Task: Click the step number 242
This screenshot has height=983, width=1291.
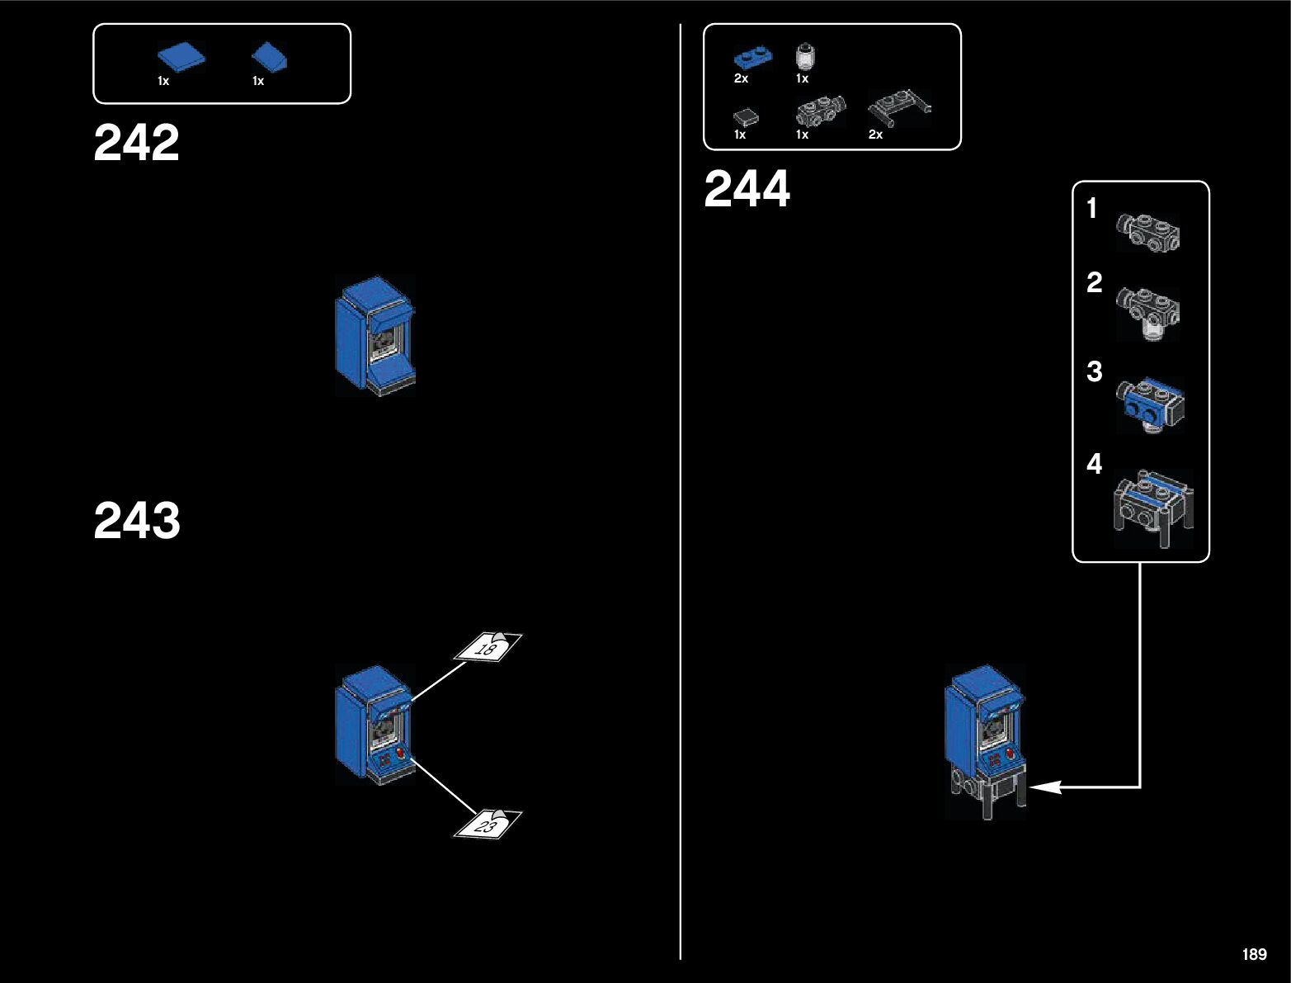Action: point(136,143)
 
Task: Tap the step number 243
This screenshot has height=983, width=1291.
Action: point(137,521)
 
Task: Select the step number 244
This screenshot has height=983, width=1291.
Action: point(747,189)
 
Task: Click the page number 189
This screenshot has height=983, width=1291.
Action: point(1254,954)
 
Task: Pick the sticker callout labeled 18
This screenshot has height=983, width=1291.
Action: point(488,647)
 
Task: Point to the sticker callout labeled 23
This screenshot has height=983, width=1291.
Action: point(488,824)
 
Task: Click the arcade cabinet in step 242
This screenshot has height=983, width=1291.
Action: point(375,336)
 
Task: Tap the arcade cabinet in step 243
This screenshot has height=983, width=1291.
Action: point(374,725)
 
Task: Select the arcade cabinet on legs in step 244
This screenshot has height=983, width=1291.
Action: point(986,739)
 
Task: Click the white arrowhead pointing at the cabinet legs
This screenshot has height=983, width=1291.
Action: point(1044,787)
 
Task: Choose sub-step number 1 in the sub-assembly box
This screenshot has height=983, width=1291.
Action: point(1092,208)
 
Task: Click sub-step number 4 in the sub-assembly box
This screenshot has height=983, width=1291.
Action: point(1094,464)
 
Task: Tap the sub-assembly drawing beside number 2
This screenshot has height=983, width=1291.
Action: point(1148,313)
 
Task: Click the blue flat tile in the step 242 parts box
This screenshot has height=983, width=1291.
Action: point(181,58)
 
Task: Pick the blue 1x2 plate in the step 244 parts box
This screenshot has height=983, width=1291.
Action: point(752,58)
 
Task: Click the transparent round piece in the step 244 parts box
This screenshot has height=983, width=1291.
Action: point(803,57)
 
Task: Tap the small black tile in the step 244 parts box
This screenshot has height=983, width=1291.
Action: point(746,116)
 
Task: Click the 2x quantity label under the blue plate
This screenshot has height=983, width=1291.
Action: point(741,78)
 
